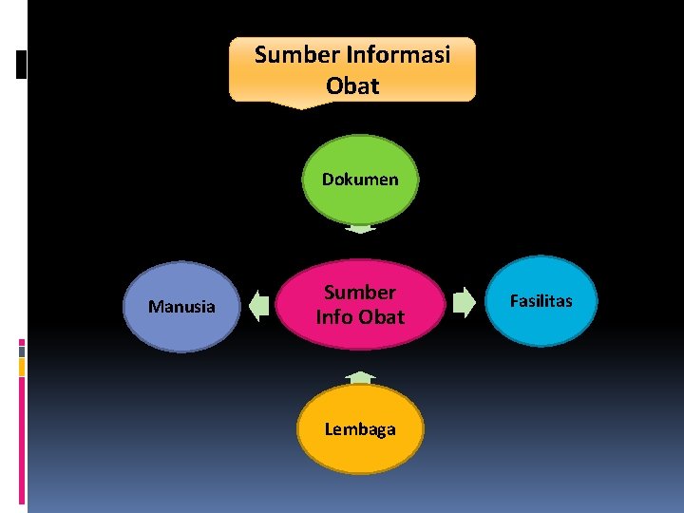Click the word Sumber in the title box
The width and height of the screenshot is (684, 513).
pos(289,54)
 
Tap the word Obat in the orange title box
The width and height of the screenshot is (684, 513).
pos(352,85)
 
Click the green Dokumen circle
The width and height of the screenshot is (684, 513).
pos(360,180)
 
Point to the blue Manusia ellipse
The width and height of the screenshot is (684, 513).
pos(182,307)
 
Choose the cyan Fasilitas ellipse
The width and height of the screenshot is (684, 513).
pos(541,300)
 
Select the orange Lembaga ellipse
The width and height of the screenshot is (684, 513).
pos(360,429)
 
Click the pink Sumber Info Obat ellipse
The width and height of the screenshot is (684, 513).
pos(360,304)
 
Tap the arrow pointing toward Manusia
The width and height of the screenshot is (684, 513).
pos(258,305)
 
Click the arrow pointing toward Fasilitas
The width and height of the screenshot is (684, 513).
pos(463,304)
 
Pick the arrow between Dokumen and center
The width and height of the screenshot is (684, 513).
pos(360,228)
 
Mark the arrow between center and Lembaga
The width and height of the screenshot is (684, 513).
pos(360,377)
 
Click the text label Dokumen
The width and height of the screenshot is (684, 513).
pos(360,180)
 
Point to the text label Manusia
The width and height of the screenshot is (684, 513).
pos(182,307)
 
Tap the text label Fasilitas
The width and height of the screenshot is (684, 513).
pos(541,301)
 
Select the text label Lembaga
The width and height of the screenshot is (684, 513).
pos(360,429)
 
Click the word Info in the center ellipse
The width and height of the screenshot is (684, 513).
pos(334,317)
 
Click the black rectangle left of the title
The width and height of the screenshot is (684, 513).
pos(22,64)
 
